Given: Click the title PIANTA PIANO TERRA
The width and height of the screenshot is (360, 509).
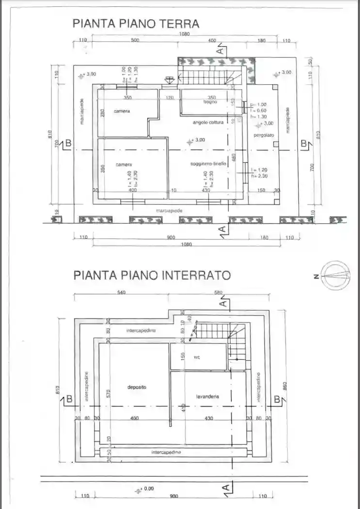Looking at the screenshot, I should [136, 23].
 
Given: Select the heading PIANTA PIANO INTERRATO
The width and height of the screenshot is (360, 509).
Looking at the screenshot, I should [152, 275].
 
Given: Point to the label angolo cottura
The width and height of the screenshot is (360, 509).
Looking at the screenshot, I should [208, 123].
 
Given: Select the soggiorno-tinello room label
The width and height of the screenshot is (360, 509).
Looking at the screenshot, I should [208, 164].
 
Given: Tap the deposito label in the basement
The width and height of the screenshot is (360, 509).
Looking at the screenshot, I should [137, 387].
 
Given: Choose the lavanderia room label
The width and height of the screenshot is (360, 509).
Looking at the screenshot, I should [207, 396].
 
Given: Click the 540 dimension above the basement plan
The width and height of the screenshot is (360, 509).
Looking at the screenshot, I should [122, 292].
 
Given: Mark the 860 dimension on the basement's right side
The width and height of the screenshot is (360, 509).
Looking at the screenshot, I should [285, 386].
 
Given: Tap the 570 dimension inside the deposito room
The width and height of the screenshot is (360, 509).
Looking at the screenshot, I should [109, 393].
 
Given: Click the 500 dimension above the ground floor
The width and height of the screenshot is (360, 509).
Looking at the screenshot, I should [135, 41].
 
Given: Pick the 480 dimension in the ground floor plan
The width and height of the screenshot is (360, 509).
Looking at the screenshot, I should [234, 157].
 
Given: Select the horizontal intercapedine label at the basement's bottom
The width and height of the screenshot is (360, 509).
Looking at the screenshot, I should [166, 452].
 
